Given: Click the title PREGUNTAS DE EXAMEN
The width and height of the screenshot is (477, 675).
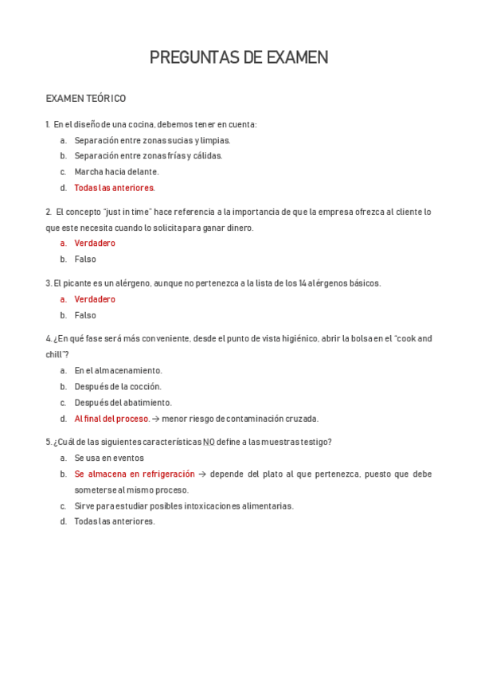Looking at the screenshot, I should pos(238,57).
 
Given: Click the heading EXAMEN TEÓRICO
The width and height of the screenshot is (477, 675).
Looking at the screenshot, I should pos(86,99).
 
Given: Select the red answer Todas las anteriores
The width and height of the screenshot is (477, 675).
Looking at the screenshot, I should pos(115,188).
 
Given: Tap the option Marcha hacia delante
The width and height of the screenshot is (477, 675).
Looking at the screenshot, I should pos(116,172).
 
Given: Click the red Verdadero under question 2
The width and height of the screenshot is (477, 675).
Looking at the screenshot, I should pos(95,244).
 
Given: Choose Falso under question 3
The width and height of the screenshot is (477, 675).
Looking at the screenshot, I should pos(85,315).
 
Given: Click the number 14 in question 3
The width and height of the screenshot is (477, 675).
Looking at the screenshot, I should pos(303,283).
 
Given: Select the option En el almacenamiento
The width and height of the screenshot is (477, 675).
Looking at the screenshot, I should pos(118,371).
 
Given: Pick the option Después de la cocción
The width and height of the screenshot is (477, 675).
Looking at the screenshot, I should pos(118,387).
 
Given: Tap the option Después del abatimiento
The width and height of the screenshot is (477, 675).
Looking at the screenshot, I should pos(123,403).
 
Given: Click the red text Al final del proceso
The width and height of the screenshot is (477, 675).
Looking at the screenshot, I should pos(111,419).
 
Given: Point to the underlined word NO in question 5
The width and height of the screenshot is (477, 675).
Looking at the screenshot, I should pos(209,443).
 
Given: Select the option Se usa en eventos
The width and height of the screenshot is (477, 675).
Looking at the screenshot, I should pos(109,458).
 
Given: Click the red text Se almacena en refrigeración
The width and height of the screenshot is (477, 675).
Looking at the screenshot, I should pos(135,474).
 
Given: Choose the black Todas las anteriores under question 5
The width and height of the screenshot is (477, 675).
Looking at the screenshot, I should pos(115,521).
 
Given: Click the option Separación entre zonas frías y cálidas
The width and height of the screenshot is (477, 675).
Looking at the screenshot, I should pos(148,156).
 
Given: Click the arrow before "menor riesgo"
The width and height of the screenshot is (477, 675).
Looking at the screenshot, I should pos(155,419).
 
